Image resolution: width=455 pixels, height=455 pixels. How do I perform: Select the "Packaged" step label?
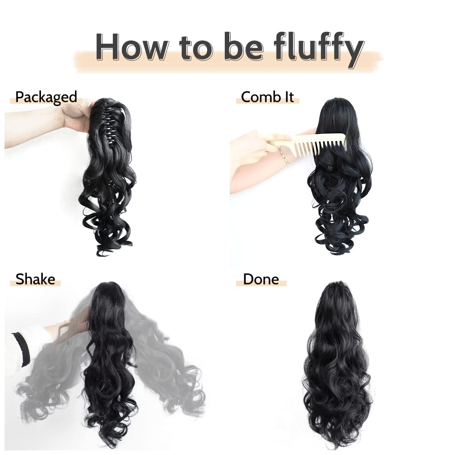click(x=46, y=97)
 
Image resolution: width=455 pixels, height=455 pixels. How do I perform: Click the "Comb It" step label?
click(x=268, y=97)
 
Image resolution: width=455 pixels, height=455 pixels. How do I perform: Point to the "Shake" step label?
click(x=35, y=278)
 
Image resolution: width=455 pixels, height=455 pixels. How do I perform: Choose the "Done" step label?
click(x=261, y=278)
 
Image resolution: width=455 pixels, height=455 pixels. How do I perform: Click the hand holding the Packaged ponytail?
click(x=77, y=116)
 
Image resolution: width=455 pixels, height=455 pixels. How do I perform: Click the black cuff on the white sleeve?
click(x=21, y=349)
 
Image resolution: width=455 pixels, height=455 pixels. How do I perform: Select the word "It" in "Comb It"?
click(x=288, y=97)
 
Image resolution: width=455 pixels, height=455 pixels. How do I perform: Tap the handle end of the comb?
click(x=275, y=143)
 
